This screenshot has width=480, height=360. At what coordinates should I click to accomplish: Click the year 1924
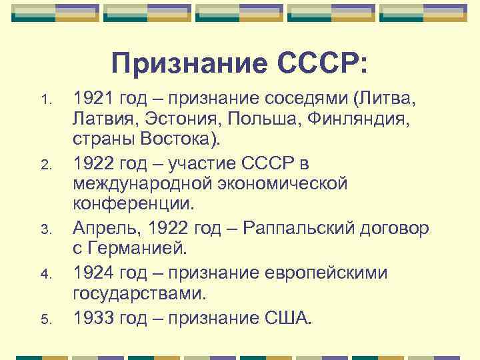(94, 271)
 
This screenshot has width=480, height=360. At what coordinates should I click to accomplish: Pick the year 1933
(94, 313)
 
